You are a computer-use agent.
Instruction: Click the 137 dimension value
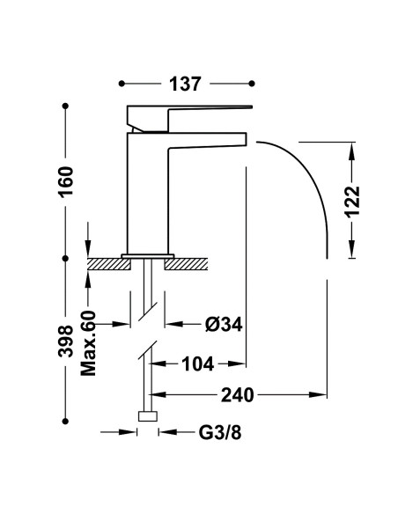(x=185, y=84)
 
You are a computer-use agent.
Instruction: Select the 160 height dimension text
(x=65, y=181)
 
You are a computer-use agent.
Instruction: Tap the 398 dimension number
(x=65, y=341)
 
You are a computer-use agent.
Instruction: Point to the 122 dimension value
(x=352, y=202)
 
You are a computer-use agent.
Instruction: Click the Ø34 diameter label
(x=224, y=325)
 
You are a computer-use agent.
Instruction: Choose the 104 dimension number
(x=198, y=363)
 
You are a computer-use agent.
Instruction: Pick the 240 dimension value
(x=238, y=394)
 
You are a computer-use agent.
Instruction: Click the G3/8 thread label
(x=220, y=433)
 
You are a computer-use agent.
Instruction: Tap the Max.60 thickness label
(x=89, y=343)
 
